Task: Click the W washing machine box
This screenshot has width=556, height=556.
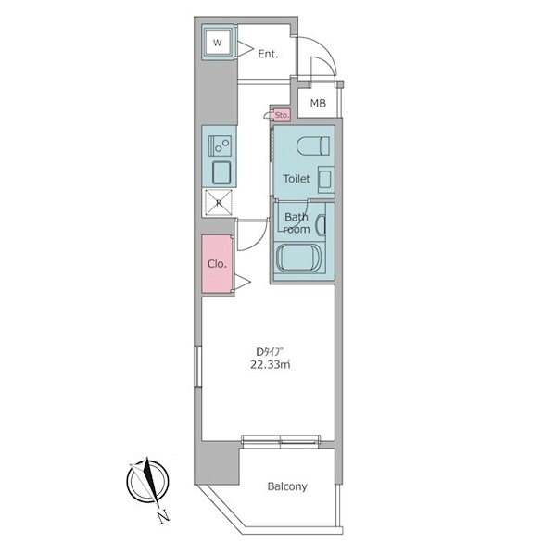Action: tap(219, 43)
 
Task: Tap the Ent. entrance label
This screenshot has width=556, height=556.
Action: tap(268, 55)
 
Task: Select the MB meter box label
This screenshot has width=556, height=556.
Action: tap(318, 104)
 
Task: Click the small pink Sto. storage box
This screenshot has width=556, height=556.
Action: tap(282, 115)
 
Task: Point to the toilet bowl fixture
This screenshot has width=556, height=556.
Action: tap(313, 146)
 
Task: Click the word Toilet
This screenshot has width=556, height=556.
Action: tap(297, 179)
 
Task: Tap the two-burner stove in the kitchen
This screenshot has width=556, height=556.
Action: tap(220, 145)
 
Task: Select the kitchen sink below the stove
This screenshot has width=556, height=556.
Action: tap(221, 172)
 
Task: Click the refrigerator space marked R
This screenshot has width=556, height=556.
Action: tap(219, 203)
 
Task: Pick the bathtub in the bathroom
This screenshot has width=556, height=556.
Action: tap(299, 258)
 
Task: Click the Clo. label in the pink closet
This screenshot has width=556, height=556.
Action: tap(217, 264)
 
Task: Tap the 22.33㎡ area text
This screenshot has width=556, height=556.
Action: tap(271, 364)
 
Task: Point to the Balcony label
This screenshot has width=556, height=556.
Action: tap(287, 486)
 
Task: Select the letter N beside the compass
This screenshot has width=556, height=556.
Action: tap(163, 516)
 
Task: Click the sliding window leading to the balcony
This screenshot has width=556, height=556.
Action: tap(281, 440)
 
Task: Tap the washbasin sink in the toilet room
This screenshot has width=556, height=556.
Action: tap(326, 180)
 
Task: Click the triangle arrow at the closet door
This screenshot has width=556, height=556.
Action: tap(243, 283)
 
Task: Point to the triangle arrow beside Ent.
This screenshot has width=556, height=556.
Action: tap(245, 49)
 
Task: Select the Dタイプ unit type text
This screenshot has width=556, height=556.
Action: tap(270, 352)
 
